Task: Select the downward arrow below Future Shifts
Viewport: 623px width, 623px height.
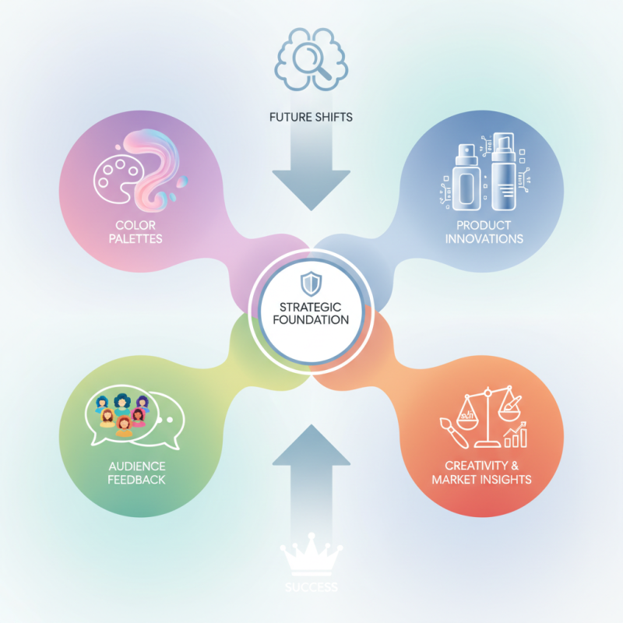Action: click(311, 171)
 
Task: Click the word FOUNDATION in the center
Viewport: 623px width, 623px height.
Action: click(311, 319)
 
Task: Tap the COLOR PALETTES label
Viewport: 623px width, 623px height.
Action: click(137, 231)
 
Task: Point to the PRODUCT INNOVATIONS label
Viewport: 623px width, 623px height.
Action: click(484, 231)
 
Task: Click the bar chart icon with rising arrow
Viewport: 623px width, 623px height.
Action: click(516, 435)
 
